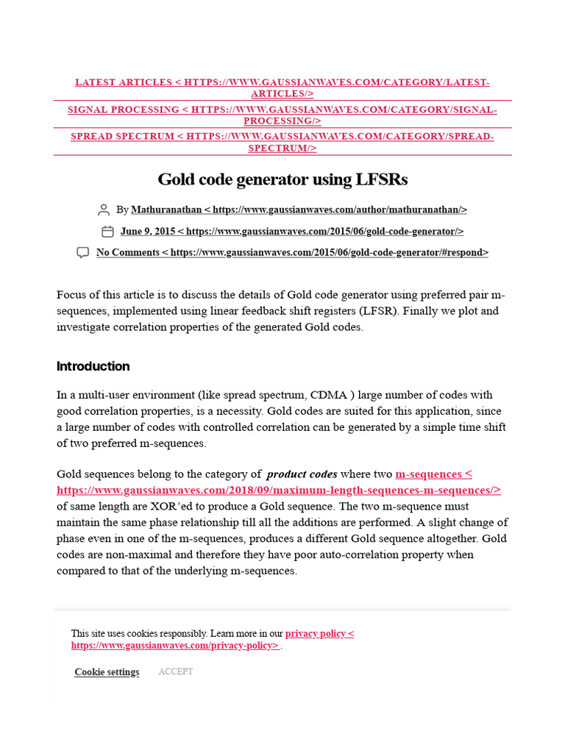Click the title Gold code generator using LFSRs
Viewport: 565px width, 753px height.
tap(282, 179)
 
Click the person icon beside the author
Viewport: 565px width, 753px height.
tap(104, 210)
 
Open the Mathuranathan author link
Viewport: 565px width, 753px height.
tap(299, 210)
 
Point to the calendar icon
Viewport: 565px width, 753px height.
tap(107, 232)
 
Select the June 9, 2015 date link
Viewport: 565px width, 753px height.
tap(292, 232)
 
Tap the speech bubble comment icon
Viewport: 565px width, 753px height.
tap(83, 253)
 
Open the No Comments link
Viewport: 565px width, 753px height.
tap(292, 253)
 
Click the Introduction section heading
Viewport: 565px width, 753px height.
tap(93, 366)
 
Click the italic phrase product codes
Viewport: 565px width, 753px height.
tap(302, 474)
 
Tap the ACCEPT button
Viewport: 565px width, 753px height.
tap(176, 671)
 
